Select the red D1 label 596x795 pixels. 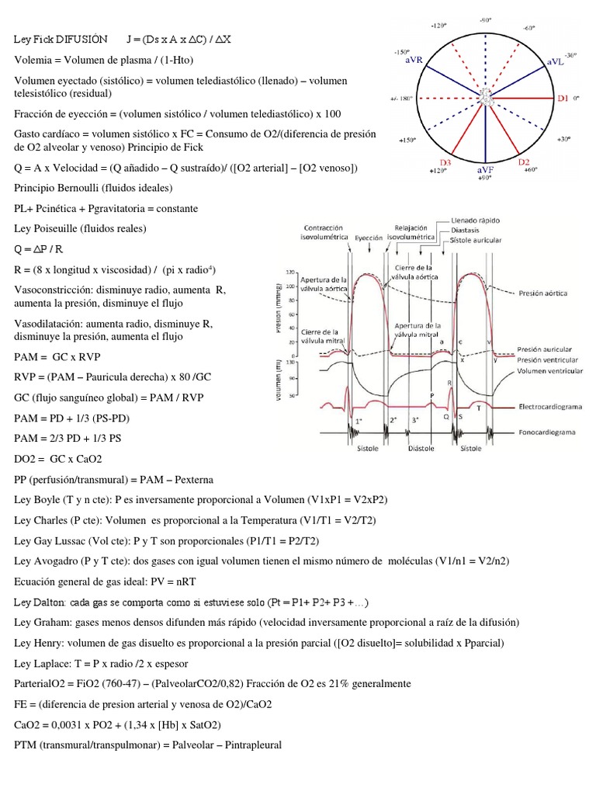click(564, 99)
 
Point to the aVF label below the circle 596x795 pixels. click(487, 168)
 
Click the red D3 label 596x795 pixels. click(445, 162)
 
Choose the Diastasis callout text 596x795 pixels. click(465, 230)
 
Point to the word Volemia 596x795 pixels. click(33, 59)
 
